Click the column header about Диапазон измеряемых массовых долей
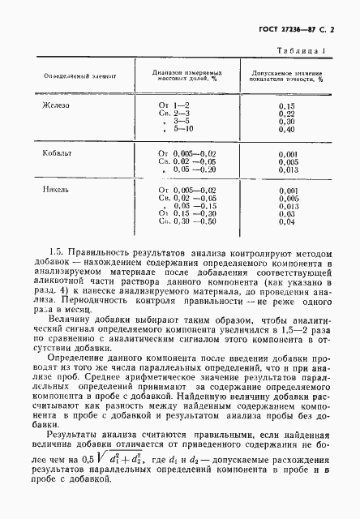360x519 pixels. click(187, 76)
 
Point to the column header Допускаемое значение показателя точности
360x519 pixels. click(287, 76)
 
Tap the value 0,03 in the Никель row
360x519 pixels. click(285, 212)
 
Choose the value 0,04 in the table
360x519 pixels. click(285, 221)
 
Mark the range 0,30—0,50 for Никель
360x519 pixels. click(190, 221)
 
